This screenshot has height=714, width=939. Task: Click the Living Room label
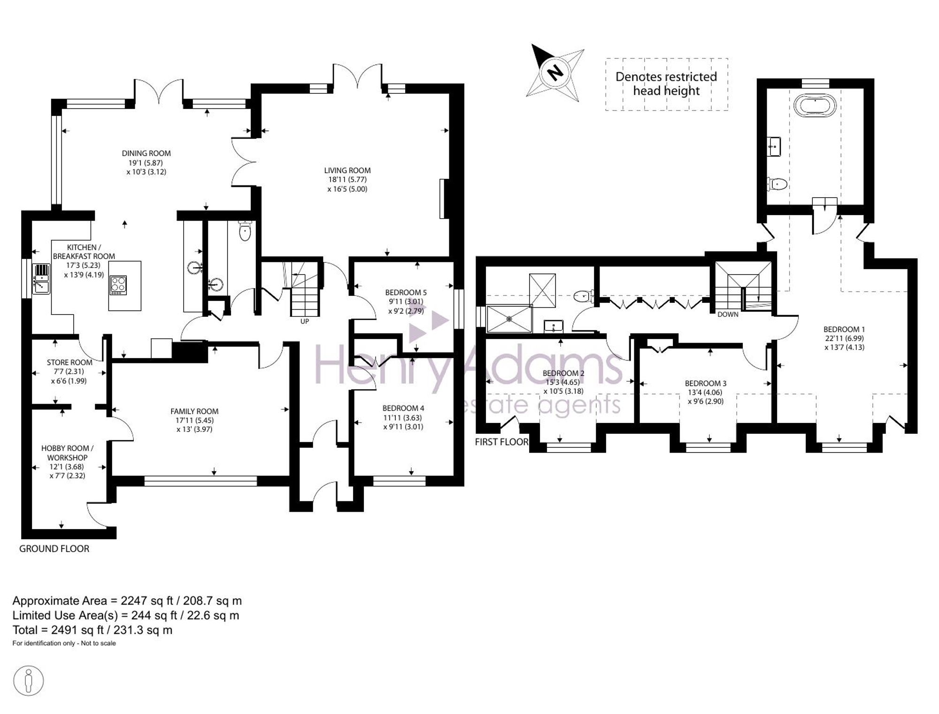(x=347, y=170)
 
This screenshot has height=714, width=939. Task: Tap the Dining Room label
(x=146, y=153)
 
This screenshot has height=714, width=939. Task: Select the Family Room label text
(x=194, y=411)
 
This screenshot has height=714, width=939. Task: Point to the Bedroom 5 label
(x=406, y=292)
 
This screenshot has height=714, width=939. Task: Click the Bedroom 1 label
(x=844, y=329)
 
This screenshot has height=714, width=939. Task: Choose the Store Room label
(x=69, y=362)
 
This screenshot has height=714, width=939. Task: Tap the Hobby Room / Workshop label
(x=67, y=453)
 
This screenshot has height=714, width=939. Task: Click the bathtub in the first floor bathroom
(x=815, y=105)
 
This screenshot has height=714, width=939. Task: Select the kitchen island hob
(x=118, y=285)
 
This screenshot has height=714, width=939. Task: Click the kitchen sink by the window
(x=41, y=279)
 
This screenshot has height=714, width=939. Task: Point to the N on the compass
(x=555, y=72)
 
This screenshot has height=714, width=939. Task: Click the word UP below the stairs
(x=305, y=322)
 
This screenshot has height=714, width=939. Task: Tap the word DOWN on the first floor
(x=728, y=315)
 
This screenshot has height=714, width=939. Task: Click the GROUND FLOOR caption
(x=54, y=548)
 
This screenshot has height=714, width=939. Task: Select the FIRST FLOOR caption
(x=501, y=442)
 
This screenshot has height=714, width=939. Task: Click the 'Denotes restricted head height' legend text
(x=666, y=84)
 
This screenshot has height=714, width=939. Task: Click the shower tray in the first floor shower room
(x=509, y=319)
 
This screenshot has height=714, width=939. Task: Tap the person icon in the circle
(x=29, y=680)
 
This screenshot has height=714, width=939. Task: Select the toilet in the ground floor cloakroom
(x=245, y=230)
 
